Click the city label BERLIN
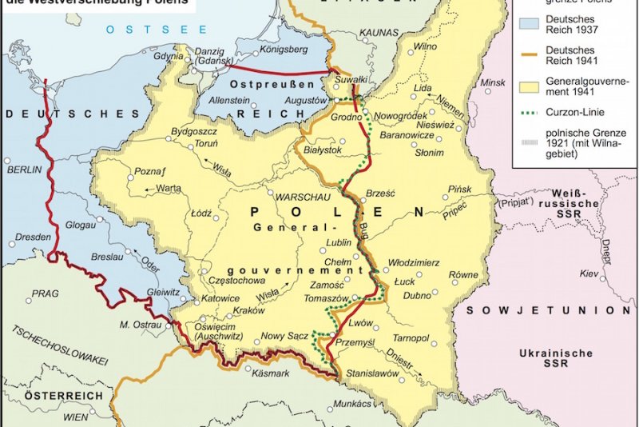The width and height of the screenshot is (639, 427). coord(23,170)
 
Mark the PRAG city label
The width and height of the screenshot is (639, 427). coord(46,293)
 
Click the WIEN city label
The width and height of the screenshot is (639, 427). coord(76,417)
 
